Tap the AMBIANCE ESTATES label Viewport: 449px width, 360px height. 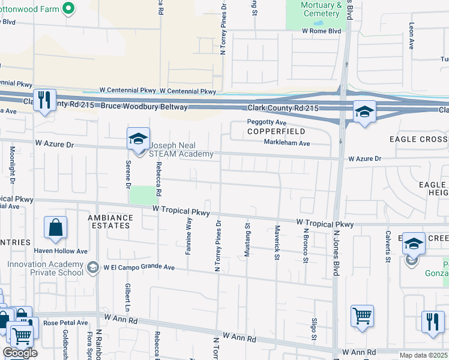(109, 221)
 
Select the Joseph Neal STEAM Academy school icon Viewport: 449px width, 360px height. (138, 140)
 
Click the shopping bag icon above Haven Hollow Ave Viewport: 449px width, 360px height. (55, 228)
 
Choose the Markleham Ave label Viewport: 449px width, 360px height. (287, 143)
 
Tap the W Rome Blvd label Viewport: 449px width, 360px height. (321, 31)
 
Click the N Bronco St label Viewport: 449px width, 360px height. (305, 245)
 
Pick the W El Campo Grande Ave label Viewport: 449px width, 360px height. (139, 268)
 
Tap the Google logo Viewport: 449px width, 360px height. (20, 353)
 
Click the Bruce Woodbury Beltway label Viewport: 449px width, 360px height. (147, 107)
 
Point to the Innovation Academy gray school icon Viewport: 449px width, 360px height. (92, 267)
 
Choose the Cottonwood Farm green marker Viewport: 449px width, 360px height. (68, 8)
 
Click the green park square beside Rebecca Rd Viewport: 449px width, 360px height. (142, 195)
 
